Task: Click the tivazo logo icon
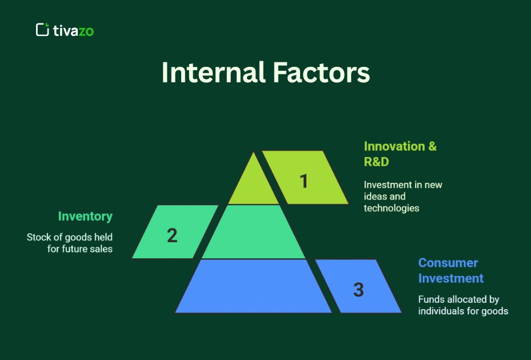click(x=42, y=30)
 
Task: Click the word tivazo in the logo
click(x=73, y=30)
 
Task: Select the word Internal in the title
click(x=213, y=74)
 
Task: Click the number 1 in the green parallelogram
click(x=304, y=181)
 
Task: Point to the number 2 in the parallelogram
click(x=172, y=235)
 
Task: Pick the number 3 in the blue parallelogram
click(x=358, y=290)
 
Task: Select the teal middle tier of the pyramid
click(x=253, y=233)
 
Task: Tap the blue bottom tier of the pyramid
click(x=253, y=287)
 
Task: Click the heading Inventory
click(x=85, y=217)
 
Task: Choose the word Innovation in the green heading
click(x=395, y=146)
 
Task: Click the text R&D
click(x=376, y=162)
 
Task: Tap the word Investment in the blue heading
click(x=450, y=278)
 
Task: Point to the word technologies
click(x=392, y=208)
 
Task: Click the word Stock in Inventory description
click(x=38, y=237)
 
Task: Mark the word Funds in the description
click(x=430, y=299)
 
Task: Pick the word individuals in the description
click(x=441, y=311)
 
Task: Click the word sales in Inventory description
click(x=101, y=249)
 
